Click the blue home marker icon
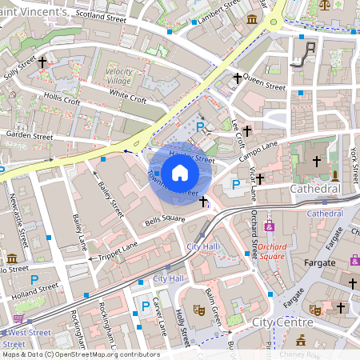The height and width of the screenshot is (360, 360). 180,172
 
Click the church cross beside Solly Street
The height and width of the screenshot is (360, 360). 42,61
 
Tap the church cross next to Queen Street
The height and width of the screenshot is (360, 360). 238,78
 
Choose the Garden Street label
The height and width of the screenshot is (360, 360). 29,137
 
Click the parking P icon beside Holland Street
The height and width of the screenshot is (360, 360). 34,280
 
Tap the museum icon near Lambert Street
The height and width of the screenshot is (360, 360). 252,18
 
